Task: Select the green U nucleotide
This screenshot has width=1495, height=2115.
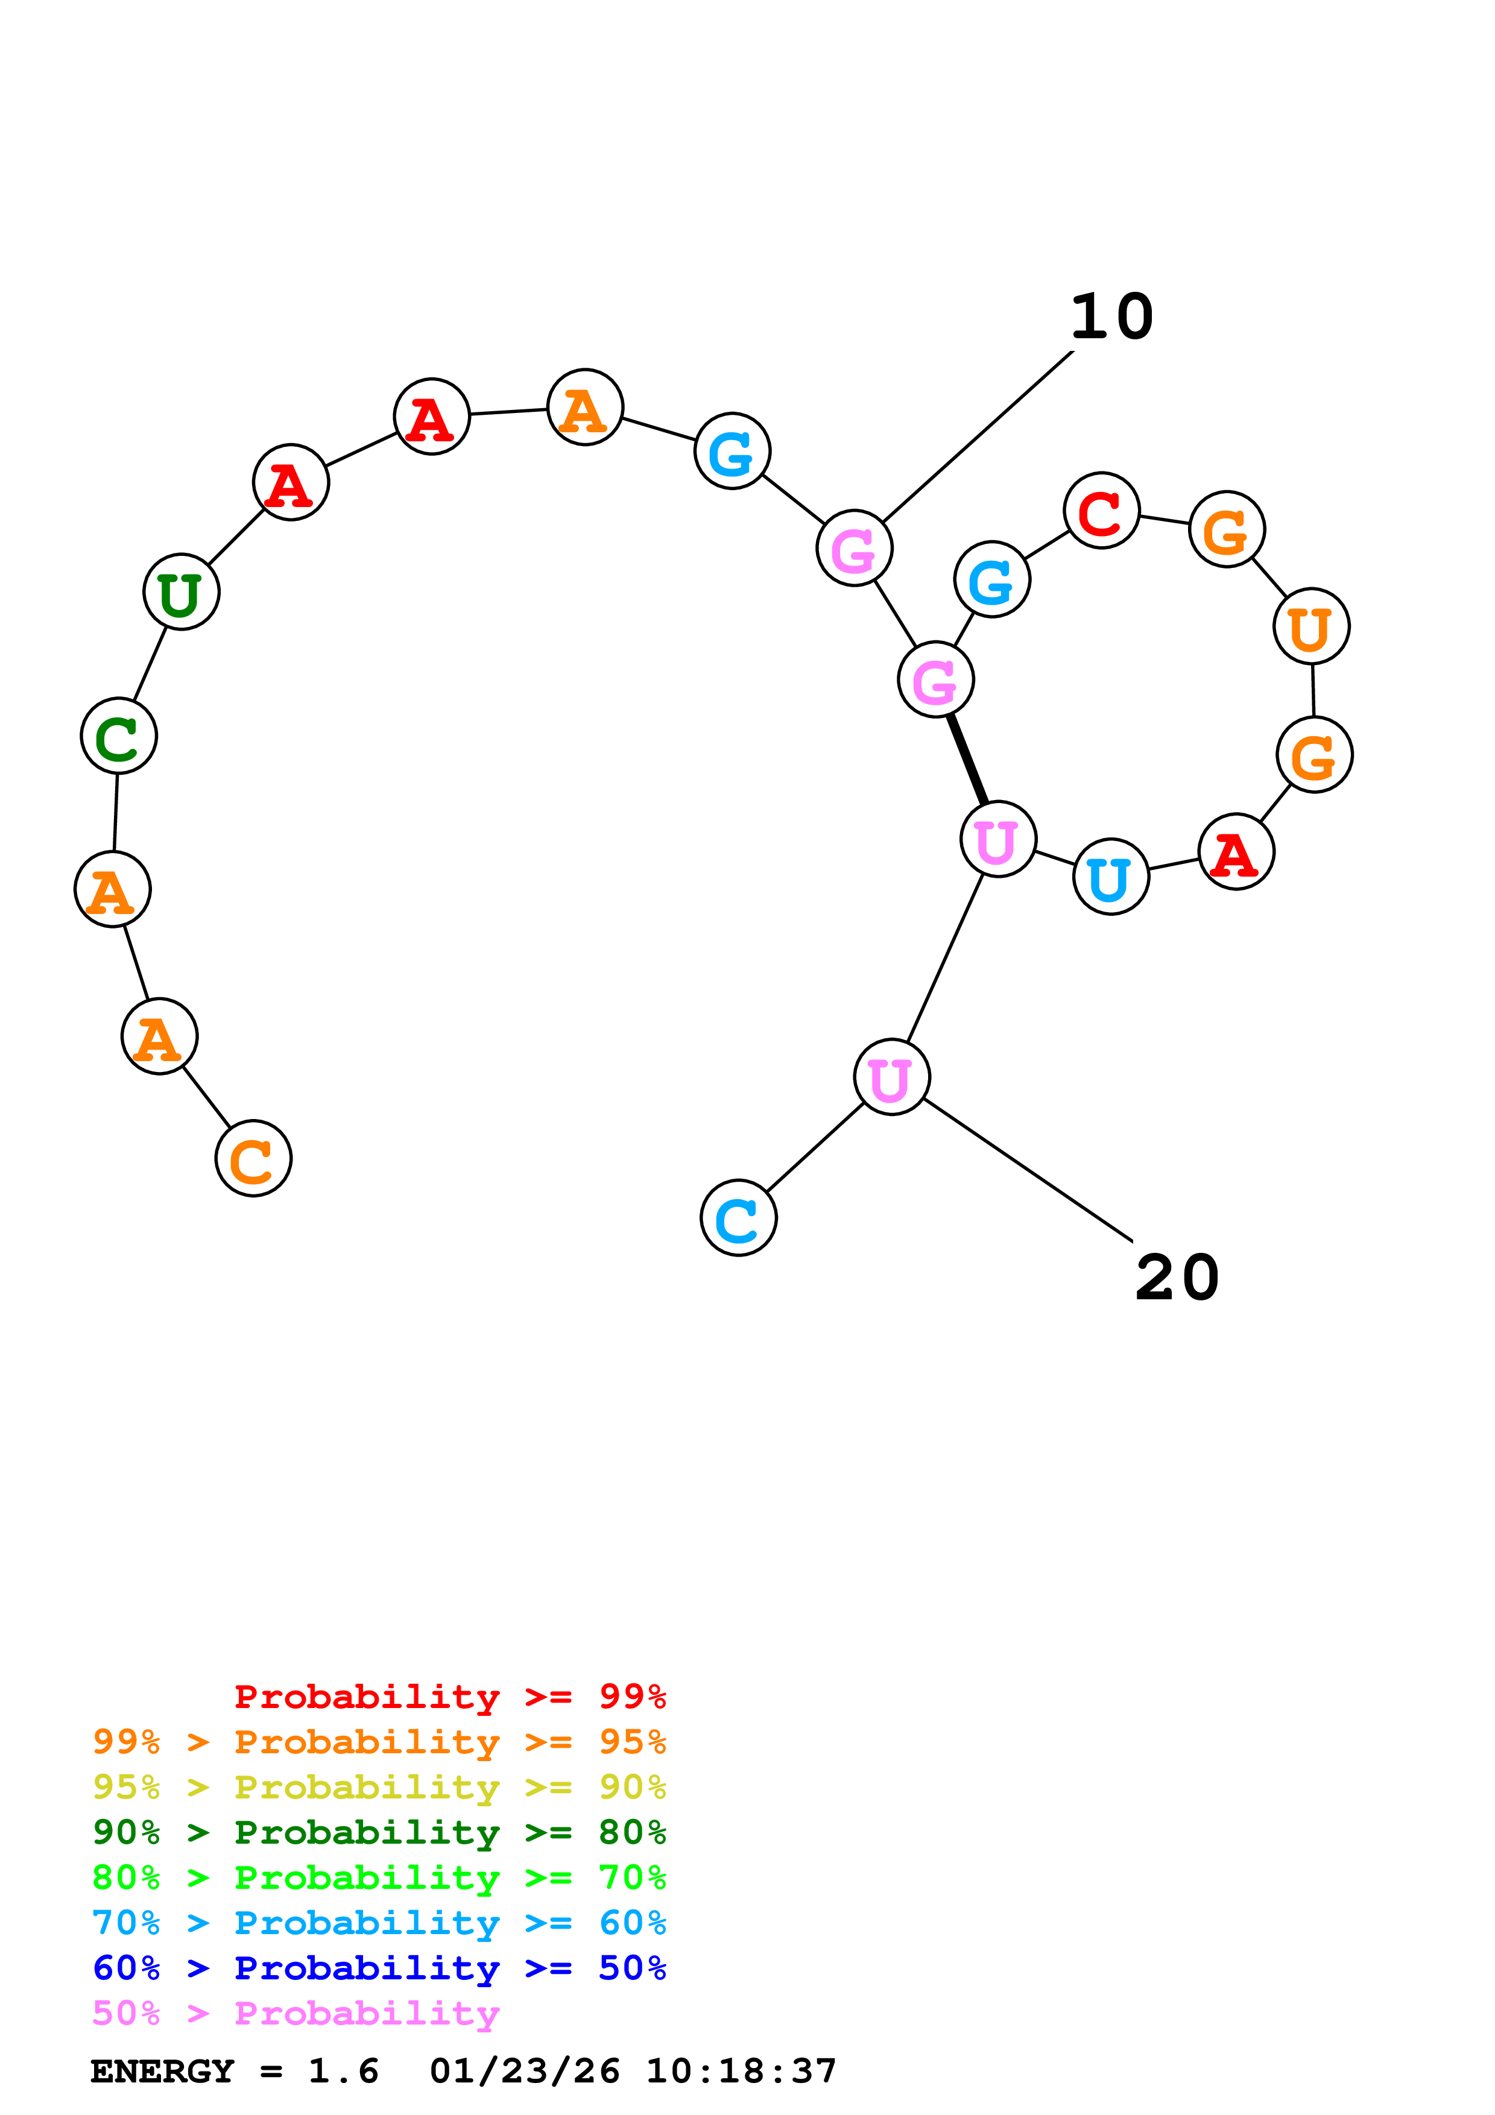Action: click(x=182, y=591)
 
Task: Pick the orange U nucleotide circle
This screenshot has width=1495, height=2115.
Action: click(x=1311, y=626)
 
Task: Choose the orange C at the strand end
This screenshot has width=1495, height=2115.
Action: click(x=253, y=1158)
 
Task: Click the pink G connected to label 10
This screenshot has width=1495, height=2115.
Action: click(x=854, y=548)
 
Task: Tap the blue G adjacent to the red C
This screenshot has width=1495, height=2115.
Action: click(x=992, y=579)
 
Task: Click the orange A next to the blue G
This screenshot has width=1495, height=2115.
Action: click(x=585, y=407)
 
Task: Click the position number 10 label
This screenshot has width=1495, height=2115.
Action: click(x=1112, y=317)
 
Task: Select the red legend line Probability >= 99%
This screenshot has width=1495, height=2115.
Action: click(x=449, y=1697)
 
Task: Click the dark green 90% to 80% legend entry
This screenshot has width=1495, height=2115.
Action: click(x=379, y=1832)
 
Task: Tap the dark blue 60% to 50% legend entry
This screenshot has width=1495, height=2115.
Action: click(x=379, y=1968)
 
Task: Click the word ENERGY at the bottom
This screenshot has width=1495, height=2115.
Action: click(x=162, y=2072)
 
